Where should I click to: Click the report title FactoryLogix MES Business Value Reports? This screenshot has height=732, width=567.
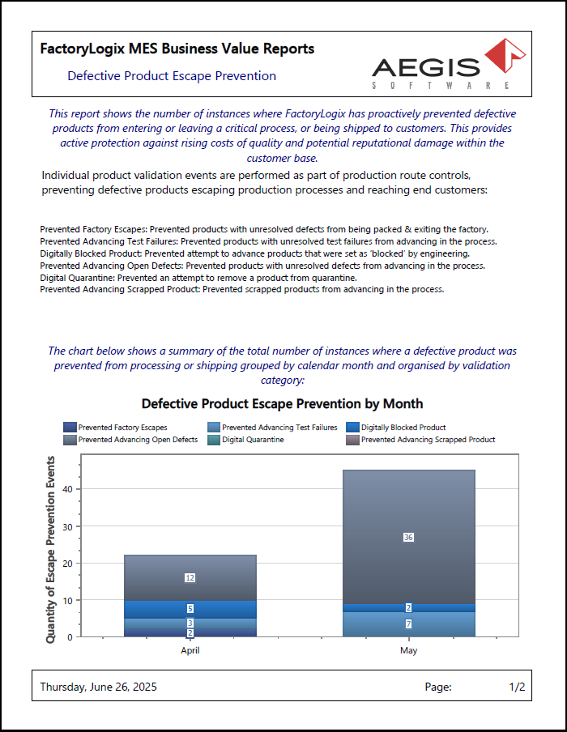(177, 49)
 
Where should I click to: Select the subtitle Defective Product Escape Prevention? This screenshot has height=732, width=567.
(172, 76)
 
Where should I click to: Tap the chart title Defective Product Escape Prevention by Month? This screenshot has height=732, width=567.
(282, 403)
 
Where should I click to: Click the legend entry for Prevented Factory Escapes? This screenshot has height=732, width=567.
(122, 427)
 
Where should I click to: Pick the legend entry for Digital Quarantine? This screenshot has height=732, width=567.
(253, 440)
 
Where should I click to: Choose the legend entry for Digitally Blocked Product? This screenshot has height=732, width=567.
(403, 427)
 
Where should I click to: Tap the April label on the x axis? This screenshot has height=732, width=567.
(190, 650)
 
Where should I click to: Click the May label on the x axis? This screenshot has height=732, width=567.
(408, 650)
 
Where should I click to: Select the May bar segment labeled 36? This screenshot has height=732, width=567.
(408, 537)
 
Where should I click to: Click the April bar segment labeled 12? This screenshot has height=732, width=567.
(190, 577)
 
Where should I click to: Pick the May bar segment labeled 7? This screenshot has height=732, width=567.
(408, 623)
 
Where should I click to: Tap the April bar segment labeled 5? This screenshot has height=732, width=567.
(190, 608)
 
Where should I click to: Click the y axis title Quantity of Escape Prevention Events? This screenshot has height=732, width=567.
(51, 550)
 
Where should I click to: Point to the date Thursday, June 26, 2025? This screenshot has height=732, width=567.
(99, 687)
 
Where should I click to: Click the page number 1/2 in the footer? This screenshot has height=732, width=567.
(517, 687)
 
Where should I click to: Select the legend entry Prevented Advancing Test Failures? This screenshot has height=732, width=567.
(279, 427)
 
